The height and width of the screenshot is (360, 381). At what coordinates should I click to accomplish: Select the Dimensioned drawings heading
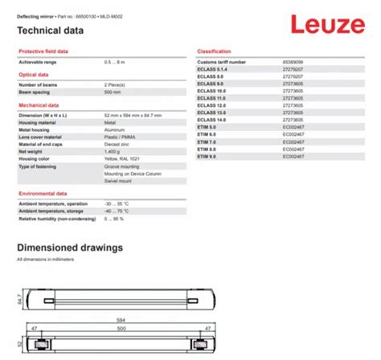pos(70,247)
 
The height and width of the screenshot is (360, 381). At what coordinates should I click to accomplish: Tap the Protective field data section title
pos(43,51)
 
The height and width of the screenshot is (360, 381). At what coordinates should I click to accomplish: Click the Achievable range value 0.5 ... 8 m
pos(116,61)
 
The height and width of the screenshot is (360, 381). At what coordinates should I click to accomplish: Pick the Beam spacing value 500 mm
pos(112,92)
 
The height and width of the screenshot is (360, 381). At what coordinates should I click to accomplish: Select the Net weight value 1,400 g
pos(112,151)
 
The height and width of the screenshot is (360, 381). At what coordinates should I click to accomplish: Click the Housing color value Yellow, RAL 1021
pos(121,159)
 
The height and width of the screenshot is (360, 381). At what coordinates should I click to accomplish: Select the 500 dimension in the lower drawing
pos(122,328)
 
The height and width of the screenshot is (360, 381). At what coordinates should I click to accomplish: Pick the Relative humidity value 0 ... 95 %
pos(117,218)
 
